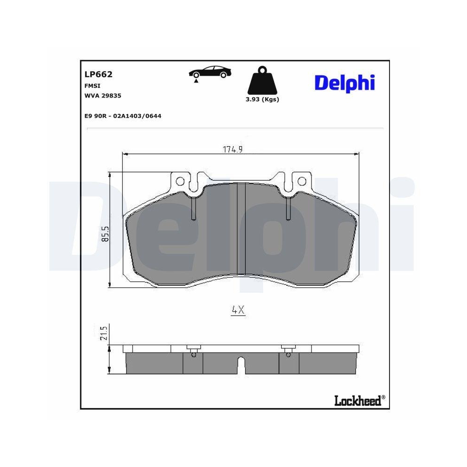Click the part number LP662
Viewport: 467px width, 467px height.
pyautogui.click(x=99, y=74)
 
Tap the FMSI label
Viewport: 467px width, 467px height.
pyautogui.click(x=92, y=86)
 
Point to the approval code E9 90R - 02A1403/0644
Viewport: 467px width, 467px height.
pyautogui.click(x=123, y=116)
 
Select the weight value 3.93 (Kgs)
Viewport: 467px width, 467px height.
pyautogui.click(x=262, y=99)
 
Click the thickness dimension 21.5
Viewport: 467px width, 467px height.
pyautogui.click(x=105, y=333)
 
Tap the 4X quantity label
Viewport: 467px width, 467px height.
pyautogui.click(x=238, y=310)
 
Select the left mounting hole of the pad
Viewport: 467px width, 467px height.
pyautogui.click(x=180, y=181)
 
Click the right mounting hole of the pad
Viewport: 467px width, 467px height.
pyautogui.click(x=302, y=181)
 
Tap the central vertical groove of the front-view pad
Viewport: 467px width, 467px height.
pyautogui.click(x=239, y=229)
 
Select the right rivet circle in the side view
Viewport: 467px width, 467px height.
pyautogui.click(x=289, y=354)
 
